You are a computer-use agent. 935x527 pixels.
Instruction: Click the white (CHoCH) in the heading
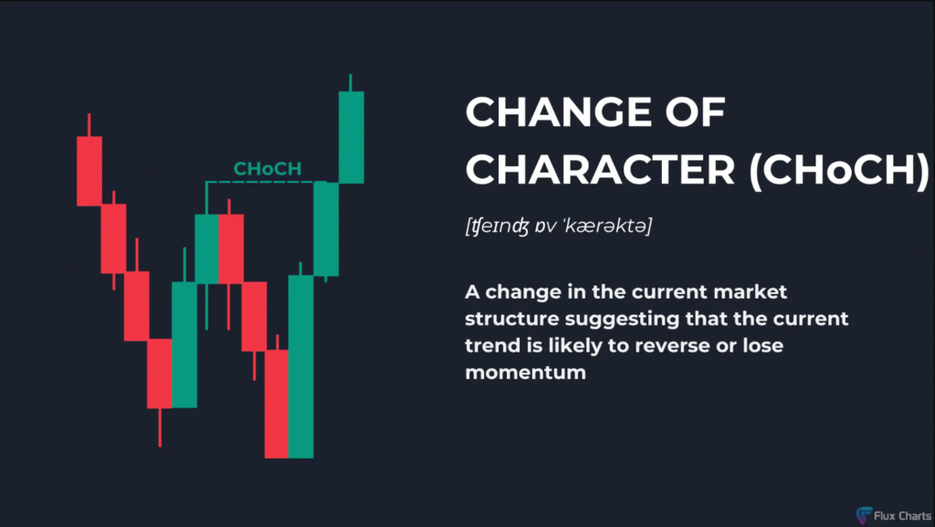[838, 170]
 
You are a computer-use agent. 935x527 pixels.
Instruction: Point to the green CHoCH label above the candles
[268, 169]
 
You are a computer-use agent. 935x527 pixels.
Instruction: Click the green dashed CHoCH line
[266, 182]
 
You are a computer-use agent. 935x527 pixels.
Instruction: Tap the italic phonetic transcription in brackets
[559, 226]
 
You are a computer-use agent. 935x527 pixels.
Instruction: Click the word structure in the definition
[512, 319]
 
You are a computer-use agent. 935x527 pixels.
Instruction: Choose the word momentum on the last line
[525, 373]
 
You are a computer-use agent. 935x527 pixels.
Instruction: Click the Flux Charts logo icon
[864, 515]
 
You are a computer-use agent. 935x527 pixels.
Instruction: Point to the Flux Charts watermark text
[902, 516]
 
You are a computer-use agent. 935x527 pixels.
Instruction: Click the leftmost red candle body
[89, 171]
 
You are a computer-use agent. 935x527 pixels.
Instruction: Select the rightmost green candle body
[352, 137]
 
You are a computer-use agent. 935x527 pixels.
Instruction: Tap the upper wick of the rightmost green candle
[351, 82]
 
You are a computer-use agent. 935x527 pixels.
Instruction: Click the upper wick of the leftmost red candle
[89, 124]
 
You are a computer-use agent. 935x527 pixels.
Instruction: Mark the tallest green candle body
[300, 366]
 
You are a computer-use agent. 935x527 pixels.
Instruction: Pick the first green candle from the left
[184, 344]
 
